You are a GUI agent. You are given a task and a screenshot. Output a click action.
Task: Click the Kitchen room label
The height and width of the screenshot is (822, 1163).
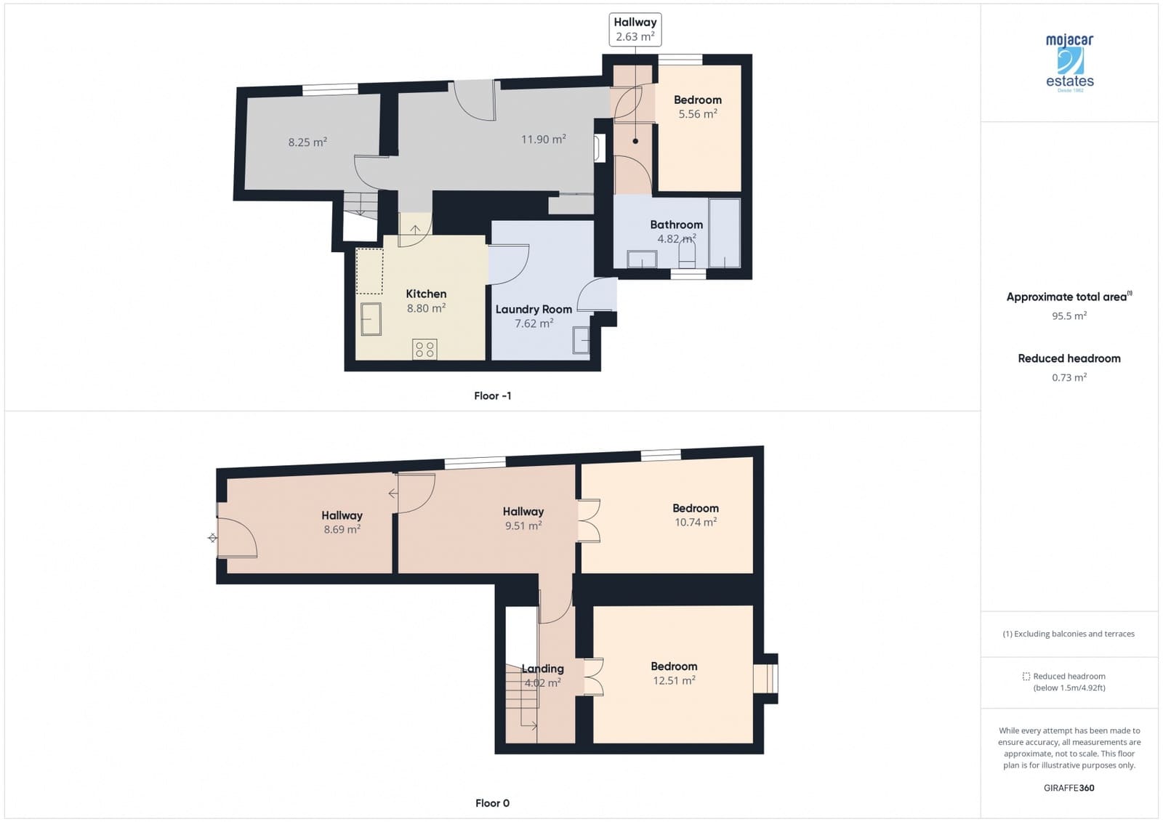coord(426,294)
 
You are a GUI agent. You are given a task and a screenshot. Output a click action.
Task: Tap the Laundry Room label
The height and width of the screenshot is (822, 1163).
coord(534,309)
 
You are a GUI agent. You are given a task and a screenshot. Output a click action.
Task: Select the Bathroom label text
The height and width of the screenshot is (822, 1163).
coord(676,225)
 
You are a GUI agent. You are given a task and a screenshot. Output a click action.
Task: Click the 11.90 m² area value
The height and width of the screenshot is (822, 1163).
coord(543,139)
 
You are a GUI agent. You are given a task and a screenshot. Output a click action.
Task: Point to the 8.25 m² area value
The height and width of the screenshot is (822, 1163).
coord(307,142)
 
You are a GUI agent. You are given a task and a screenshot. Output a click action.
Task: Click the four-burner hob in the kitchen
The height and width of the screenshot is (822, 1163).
coord(425,349)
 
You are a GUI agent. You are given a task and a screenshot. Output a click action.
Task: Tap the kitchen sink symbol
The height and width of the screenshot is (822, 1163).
coord(371,318)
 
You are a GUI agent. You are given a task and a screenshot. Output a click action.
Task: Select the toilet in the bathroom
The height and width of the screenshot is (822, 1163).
coord(687,254)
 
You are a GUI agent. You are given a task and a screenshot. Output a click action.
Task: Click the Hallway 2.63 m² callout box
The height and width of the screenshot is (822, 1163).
coord(635,30)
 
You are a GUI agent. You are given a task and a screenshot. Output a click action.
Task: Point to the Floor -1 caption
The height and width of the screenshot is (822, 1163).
coord(492,395)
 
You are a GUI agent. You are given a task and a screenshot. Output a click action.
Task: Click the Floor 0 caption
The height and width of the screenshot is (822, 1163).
coord(492,803)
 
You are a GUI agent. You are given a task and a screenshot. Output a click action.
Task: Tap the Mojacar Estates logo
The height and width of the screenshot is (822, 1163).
coord(1069,63)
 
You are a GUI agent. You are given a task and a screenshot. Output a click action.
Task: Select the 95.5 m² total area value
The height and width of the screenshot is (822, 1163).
coord(1069,315)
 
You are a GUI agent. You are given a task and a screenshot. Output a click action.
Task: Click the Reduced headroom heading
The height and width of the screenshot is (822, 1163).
coord(1069,358)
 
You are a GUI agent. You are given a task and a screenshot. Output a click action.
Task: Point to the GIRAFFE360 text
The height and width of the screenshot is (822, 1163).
coord(1069,788)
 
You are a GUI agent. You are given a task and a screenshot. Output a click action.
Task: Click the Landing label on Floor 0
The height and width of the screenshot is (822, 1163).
coord(542,669)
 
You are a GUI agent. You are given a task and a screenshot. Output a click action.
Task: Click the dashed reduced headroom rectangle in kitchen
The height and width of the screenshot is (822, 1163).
coord(370,271)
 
